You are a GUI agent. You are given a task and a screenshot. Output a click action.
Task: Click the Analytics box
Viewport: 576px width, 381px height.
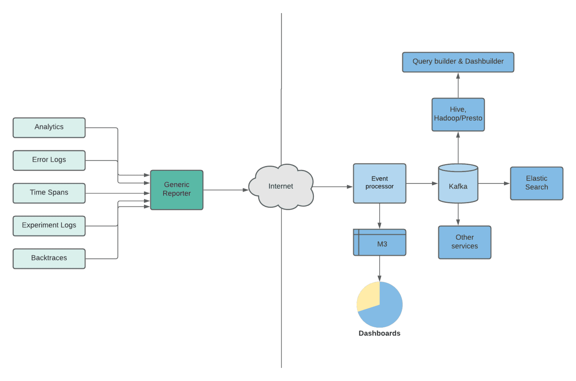pyautogui.click(x=49, y=127)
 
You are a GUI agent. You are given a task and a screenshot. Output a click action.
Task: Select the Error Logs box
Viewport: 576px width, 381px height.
pyautogui.click(x=49, y=160)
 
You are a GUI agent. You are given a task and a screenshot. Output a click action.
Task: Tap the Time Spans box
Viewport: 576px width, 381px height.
pyautogui.click(x=49, y=193)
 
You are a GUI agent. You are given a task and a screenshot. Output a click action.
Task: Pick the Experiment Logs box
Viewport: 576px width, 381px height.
pyautogui.click(x=49, y=226)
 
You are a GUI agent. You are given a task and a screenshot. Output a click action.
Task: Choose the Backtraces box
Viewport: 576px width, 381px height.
pyautogui.click(x=49, y=258)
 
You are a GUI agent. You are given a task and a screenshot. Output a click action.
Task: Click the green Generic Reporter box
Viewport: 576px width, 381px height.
pyautogui.click(x=177, y=190)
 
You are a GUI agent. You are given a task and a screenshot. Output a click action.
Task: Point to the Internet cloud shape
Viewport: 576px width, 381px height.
pyautogui.click(x=281, y=187)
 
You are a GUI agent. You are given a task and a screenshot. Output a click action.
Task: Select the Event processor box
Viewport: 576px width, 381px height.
pyautogui.click(x=379, y=183)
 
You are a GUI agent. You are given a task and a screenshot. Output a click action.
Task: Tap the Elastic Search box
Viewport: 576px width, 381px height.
pyautogui.click(x=537, y=183)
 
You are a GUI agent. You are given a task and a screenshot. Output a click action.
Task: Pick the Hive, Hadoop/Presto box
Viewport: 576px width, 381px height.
pyautogui.click(x=458, y=114)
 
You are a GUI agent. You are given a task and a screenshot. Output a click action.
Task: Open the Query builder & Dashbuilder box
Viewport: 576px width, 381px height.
pyautogui.click(x=458, y=62)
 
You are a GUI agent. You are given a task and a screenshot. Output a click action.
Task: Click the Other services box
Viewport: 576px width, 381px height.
pyautogui.click(x=465, y=242)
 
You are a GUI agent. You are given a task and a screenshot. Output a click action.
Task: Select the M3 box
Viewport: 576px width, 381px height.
pyautogui.click(x=379, y=243)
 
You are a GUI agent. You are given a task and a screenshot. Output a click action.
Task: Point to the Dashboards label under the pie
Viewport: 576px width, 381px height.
pyautogui.click(x=379, y=333)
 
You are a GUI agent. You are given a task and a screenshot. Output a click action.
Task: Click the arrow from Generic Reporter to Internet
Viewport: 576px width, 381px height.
pyautogui.click(x=225, y=190)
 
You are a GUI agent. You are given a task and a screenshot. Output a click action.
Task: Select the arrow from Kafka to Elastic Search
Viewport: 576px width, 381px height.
pyautogui.click(x=494, y=184)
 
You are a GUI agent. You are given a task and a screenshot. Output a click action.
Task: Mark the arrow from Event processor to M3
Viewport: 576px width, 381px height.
pyautogui.click(x=379, y=216)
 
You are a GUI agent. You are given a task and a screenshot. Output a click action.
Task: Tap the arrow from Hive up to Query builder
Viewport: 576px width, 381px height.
pyautogui.click(x=458, y=85)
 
